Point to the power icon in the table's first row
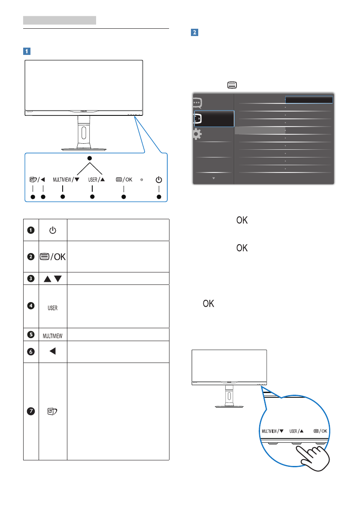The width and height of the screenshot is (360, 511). pos(52,230)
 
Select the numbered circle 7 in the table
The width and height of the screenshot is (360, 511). pos(31,411)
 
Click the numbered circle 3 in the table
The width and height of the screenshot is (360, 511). pos(31,278)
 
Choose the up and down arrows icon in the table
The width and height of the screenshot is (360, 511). pos(52,278)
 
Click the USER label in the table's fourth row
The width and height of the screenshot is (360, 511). pos(52,308)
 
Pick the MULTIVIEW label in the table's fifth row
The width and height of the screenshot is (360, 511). pos(52,335)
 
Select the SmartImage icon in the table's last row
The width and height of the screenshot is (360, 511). pos(52,411)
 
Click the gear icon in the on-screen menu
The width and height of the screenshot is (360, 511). pos(197,134)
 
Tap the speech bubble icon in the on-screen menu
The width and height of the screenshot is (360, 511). pos(197,103)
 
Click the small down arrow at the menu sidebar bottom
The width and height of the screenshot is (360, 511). pos(213,177)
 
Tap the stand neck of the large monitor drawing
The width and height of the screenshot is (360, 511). pos(84,133)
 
